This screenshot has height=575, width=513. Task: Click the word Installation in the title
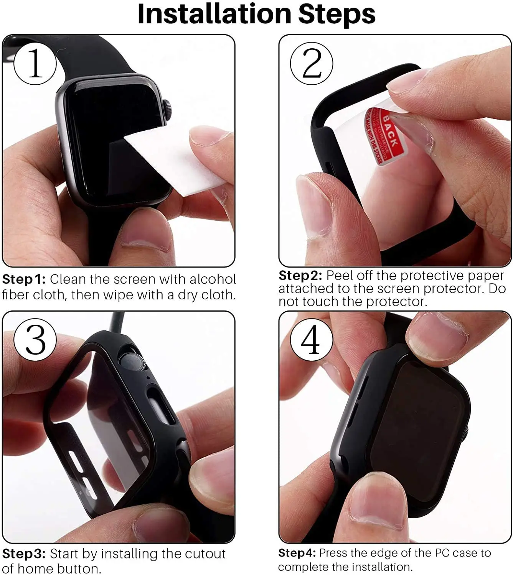coord(214,14)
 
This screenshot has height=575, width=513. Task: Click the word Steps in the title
coord(337,14)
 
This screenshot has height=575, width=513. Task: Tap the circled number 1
coord(35,63)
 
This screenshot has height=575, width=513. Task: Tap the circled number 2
coord(311,63)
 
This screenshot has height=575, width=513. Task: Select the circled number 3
coord(35,339)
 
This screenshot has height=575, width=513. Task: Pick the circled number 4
coord(311,339)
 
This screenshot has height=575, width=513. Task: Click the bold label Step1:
coord(24,279)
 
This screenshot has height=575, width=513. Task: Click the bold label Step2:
coord(300,276)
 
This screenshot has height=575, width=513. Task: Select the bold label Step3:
coord(24,554)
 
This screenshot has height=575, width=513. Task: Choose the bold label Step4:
coord(297,553)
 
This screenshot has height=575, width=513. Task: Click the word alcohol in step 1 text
coord(213,279)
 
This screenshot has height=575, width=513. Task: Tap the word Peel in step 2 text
coord(340,276)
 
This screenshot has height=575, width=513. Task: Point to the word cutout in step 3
coord(205,554)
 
